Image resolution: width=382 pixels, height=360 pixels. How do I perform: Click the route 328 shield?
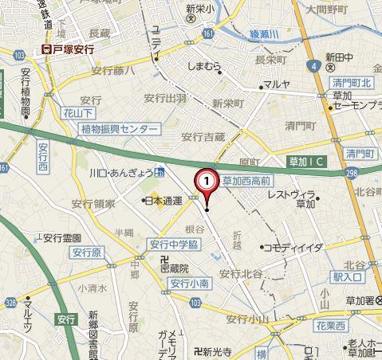[10, 303]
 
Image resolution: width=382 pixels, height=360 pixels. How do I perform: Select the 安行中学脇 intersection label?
[174, 245]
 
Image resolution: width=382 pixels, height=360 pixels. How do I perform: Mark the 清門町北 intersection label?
[353, 83]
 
